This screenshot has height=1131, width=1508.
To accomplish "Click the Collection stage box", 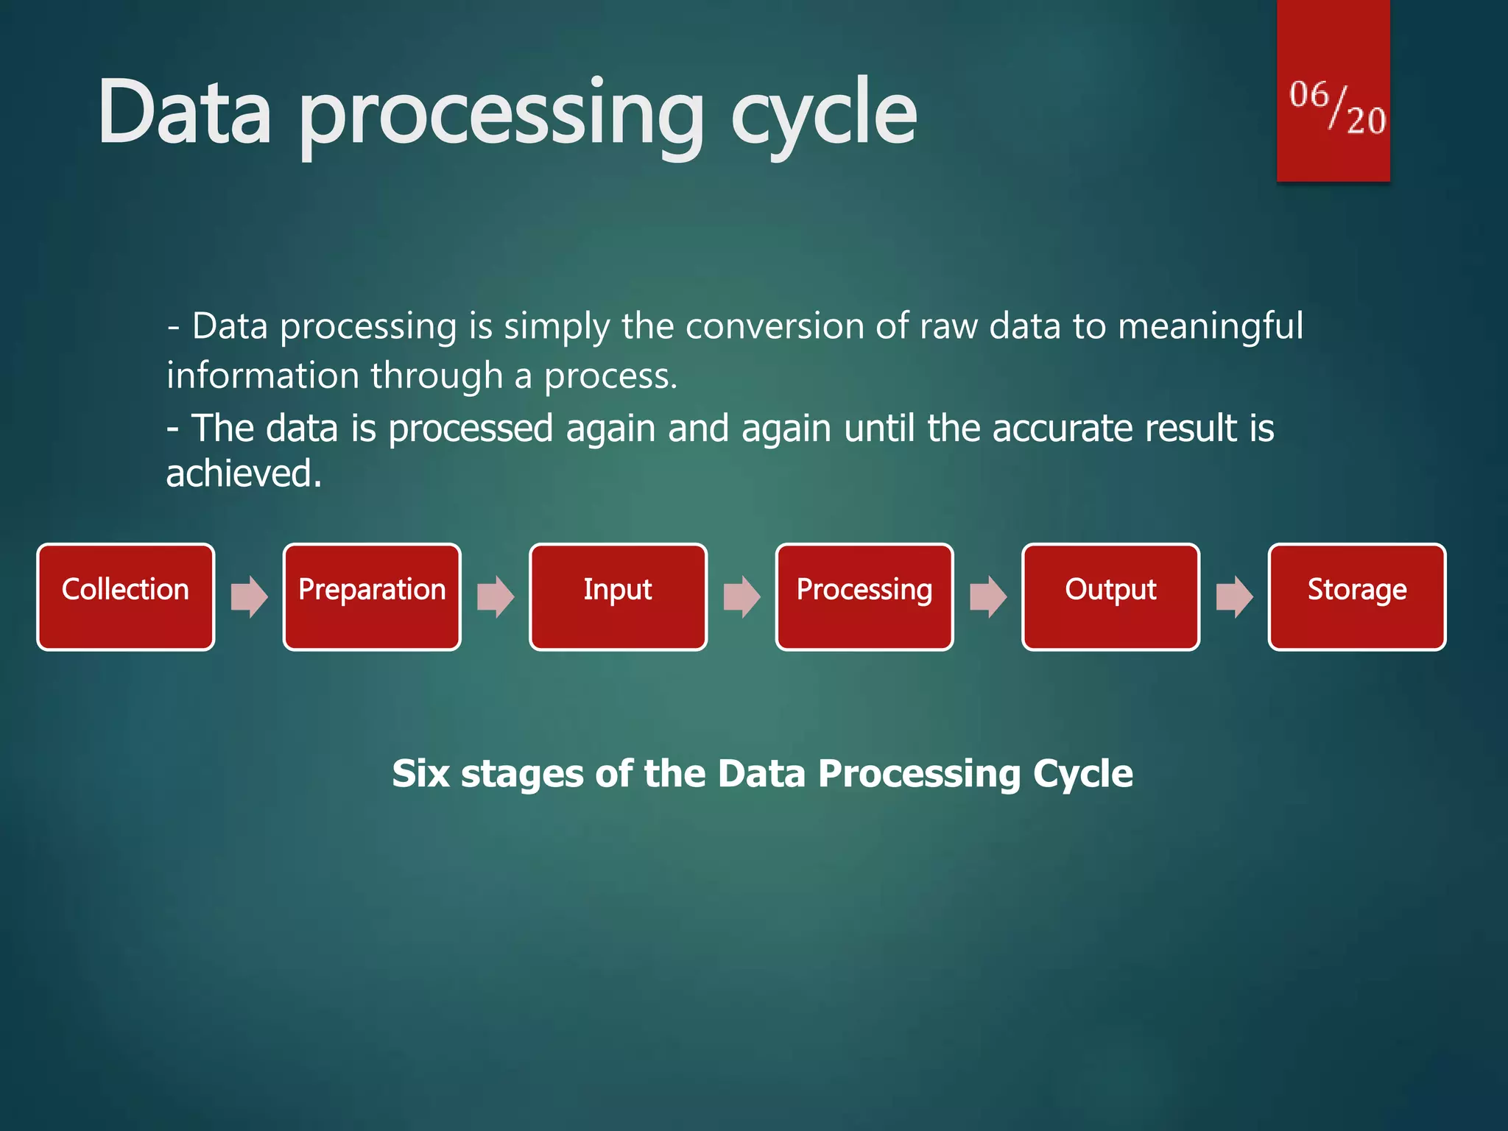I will click(x=125, y=596).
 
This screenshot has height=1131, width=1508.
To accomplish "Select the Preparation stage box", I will click(x=372, y=596).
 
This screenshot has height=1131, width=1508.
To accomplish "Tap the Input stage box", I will click(x=618, y=596).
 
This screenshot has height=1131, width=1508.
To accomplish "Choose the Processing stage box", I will click(x=864, y=596).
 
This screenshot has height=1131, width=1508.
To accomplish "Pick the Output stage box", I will click(x=1110, y=596).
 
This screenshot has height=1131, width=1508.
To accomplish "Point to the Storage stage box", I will click(x=1357, y=596).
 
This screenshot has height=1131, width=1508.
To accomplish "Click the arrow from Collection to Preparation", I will click(x=249, y=596).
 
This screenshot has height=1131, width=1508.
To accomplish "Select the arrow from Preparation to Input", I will click(x=496, y=596).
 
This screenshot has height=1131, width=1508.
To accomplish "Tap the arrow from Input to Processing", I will click(x=741, y=596).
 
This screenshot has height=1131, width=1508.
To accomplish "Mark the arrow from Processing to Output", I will click(x=988, y=596).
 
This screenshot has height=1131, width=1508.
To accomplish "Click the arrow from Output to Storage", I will click(x=1234, y=596).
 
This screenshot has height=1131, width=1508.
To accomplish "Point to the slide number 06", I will click(x=1308, y=95).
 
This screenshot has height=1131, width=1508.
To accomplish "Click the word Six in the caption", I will click(x=420, y=774).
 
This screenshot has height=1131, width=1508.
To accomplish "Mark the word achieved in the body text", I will click(x=243, y=473).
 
